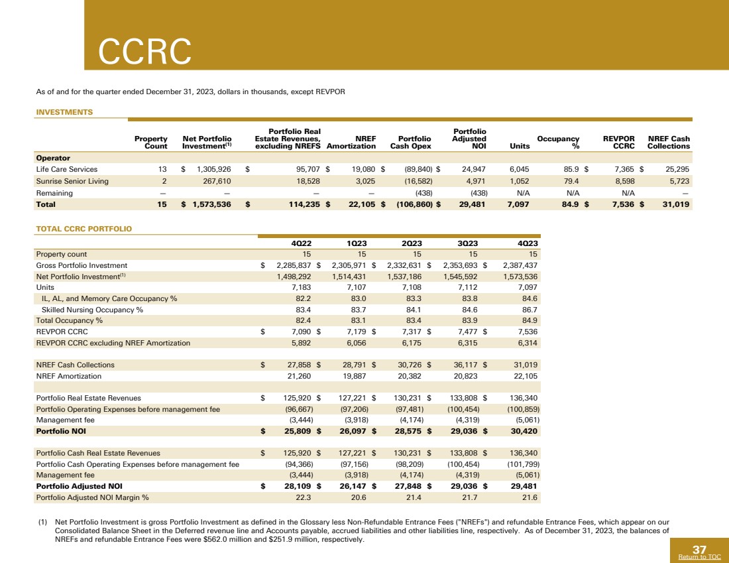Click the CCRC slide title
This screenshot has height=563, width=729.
(x=144, y=50)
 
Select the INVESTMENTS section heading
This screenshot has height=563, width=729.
(x=64, y=113)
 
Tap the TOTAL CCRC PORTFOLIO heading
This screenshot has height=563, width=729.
(x=84, y=229)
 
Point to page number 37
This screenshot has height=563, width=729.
(x=699, y=549)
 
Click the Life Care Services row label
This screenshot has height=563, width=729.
(x=66, y=169)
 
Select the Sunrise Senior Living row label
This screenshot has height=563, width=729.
(x=73, y=181)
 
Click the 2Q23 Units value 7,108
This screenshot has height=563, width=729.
(x=412, y=287)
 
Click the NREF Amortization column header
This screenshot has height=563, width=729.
(x=351, y=142)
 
